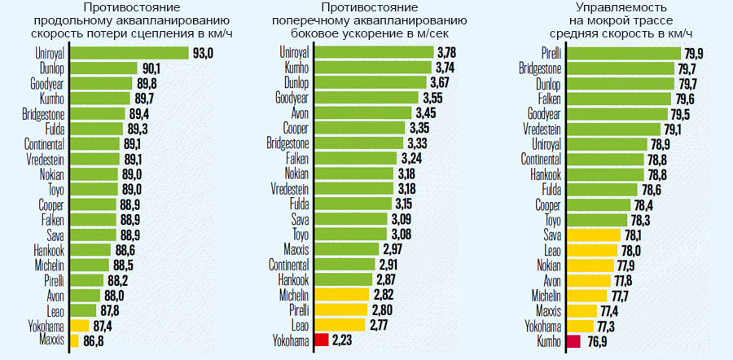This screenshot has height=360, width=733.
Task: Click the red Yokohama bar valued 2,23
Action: (x=320, y=340)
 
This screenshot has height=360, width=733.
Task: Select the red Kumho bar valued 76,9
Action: (x=573, y=341)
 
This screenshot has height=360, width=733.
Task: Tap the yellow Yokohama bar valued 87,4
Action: (x=80, y=325)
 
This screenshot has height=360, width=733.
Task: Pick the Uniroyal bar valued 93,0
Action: (x=129, y=53)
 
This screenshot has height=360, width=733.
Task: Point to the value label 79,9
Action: (x=697, y=53)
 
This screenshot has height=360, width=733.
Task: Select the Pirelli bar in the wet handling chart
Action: (x=623, y=53)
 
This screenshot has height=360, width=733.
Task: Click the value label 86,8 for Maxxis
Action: (x=94, y=340)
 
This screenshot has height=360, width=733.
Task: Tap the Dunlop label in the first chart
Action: (x=50, y=68)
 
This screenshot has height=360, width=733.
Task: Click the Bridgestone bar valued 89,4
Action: (x=98, y=113)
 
